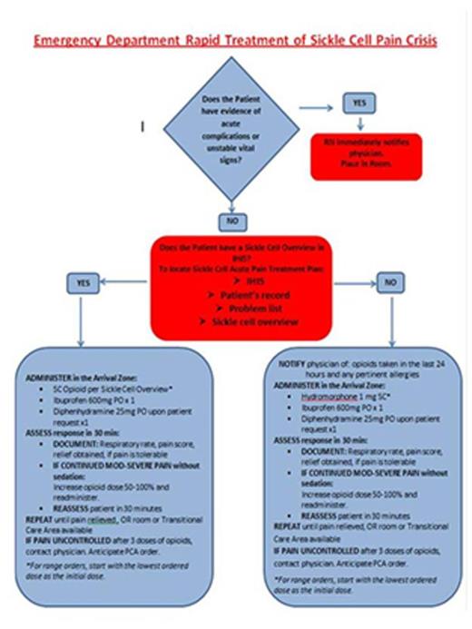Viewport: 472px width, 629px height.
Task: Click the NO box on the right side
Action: point(388,283)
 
